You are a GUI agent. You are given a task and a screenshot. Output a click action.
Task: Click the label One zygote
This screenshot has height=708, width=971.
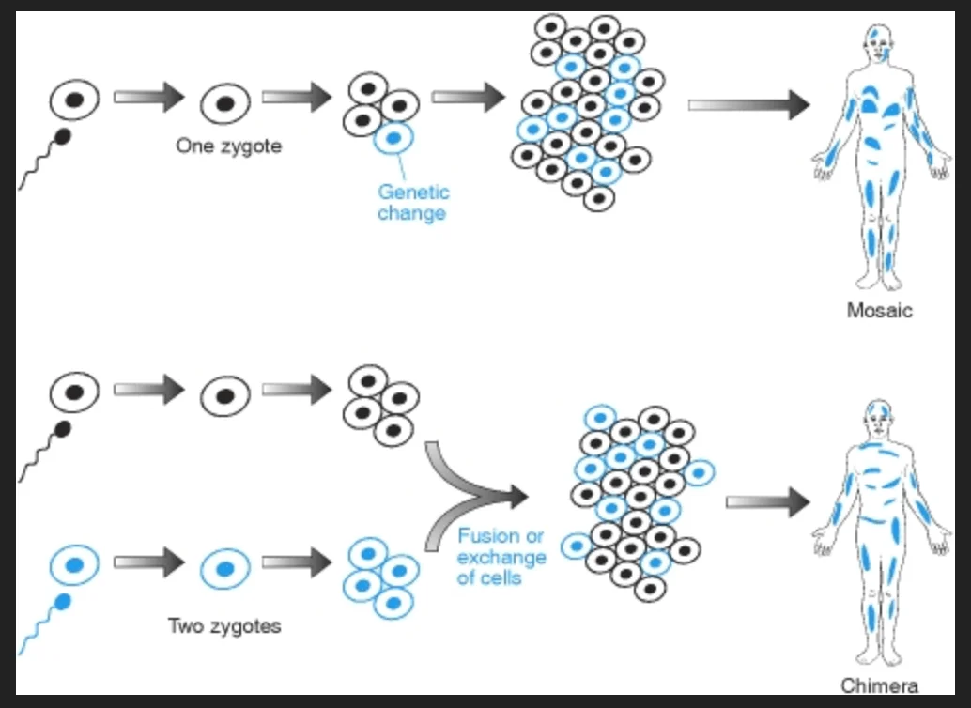(228, 146)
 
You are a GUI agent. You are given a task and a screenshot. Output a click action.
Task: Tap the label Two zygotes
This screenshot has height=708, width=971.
(223, 625)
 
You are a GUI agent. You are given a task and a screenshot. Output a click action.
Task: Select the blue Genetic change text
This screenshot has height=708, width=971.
(413, 202)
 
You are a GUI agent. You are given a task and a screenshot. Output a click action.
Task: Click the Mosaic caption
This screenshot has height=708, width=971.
(879, 311)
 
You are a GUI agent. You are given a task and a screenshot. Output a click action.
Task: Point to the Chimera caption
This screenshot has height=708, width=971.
(879, 685)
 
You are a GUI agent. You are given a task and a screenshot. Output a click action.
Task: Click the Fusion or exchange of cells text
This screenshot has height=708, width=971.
(501, 557)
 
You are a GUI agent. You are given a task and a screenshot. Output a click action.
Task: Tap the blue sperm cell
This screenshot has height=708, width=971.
(63, 601)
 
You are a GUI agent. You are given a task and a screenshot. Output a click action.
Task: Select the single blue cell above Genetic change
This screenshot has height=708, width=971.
(394, 139)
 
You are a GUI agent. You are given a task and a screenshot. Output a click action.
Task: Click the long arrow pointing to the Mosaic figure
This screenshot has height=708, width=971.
(748, 104)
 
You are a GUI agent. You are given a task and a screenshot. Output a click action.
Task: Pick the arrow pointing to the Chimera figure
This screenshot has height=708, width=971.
(766, 502)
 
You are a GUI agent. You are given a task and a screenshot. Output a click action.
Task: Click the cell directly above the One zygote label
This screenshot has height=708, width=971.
(225, 101)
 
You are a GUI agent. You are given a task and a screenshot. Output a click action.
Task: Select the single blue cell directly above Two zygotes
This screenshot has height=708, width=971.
(225, 568)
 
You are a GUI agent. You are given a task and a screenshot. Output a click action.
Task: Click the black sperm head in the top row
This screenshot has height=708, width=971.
(64, 137)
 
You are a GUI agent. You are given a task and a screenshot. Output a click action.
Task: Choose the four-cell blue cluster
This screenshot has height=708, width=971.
(381, 577)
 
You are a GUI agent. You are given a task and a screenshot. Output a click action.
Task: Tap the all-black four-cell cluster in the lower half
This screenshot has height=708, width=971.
(381, 406)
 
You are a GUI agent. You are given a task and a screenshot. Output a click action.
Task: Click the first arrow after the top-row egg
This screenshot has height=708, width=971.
(148, 96)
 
